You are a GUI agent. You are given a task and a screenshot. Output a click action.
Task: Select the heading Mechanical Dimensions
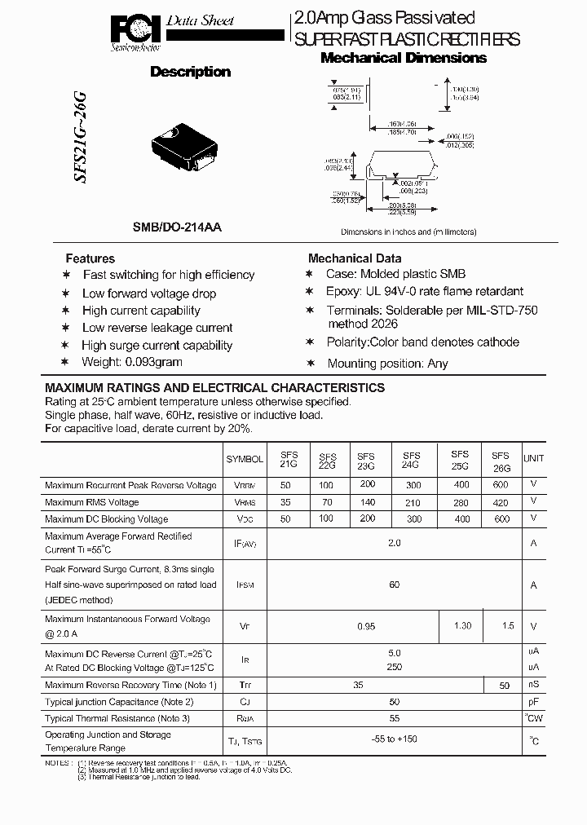pyautogui.click(x=404, y=58)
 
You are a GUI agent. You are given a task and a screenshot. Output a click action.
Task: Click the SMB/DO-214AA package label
pyautogui.click(x=178, y=229)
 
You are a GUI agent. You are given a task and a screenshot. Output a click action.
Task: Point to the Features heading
pyautogui.click(x=90, y=258)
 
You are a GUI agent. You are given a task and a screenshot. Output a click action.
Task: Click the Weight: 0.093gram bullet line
pyautogui.click(x=132, y=361)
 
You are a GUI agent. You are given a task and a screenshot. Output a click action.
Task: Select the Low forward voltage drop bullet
pyautogui.click(x=149, y=293)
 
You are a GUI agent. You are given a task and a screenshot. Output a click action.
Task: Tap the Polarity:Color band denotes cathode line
pyautogui.click(x=422, y=342)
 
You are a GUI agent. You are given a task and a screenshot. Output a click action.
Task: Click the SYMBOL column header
pyautogui.click(x=245, y=459)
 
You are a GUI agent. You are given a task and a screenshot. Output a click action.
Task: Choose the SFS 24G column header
pyautogui.click(x=411, y=461)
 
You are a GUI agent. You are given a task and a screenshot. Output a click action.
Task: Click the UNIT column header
pyautogui.click(x=533, y=459)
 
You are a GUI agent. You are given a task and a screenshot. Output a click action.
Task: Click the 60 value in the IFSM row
pyautogui.click(x=395, y=585)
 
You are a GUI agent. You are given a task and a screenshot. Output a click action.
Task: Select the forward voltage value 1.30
pyautogui.click(x=461, y=625)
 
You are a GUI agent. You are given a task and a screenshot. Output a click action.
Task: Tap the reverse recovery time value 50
pyautogui.click(x=504, y=686)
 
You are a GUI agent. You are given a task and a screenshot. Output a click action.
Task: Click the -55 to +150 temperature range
pyautogui.click(x=395, y=739)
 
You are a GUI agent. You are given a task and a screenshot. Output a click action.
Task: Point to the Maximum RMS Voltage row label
pyautogui.click(x=92, y=502)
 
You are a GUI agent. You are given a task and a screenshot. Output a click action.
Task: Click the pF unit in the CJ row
pyautogui.click(x=533, y=701)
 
